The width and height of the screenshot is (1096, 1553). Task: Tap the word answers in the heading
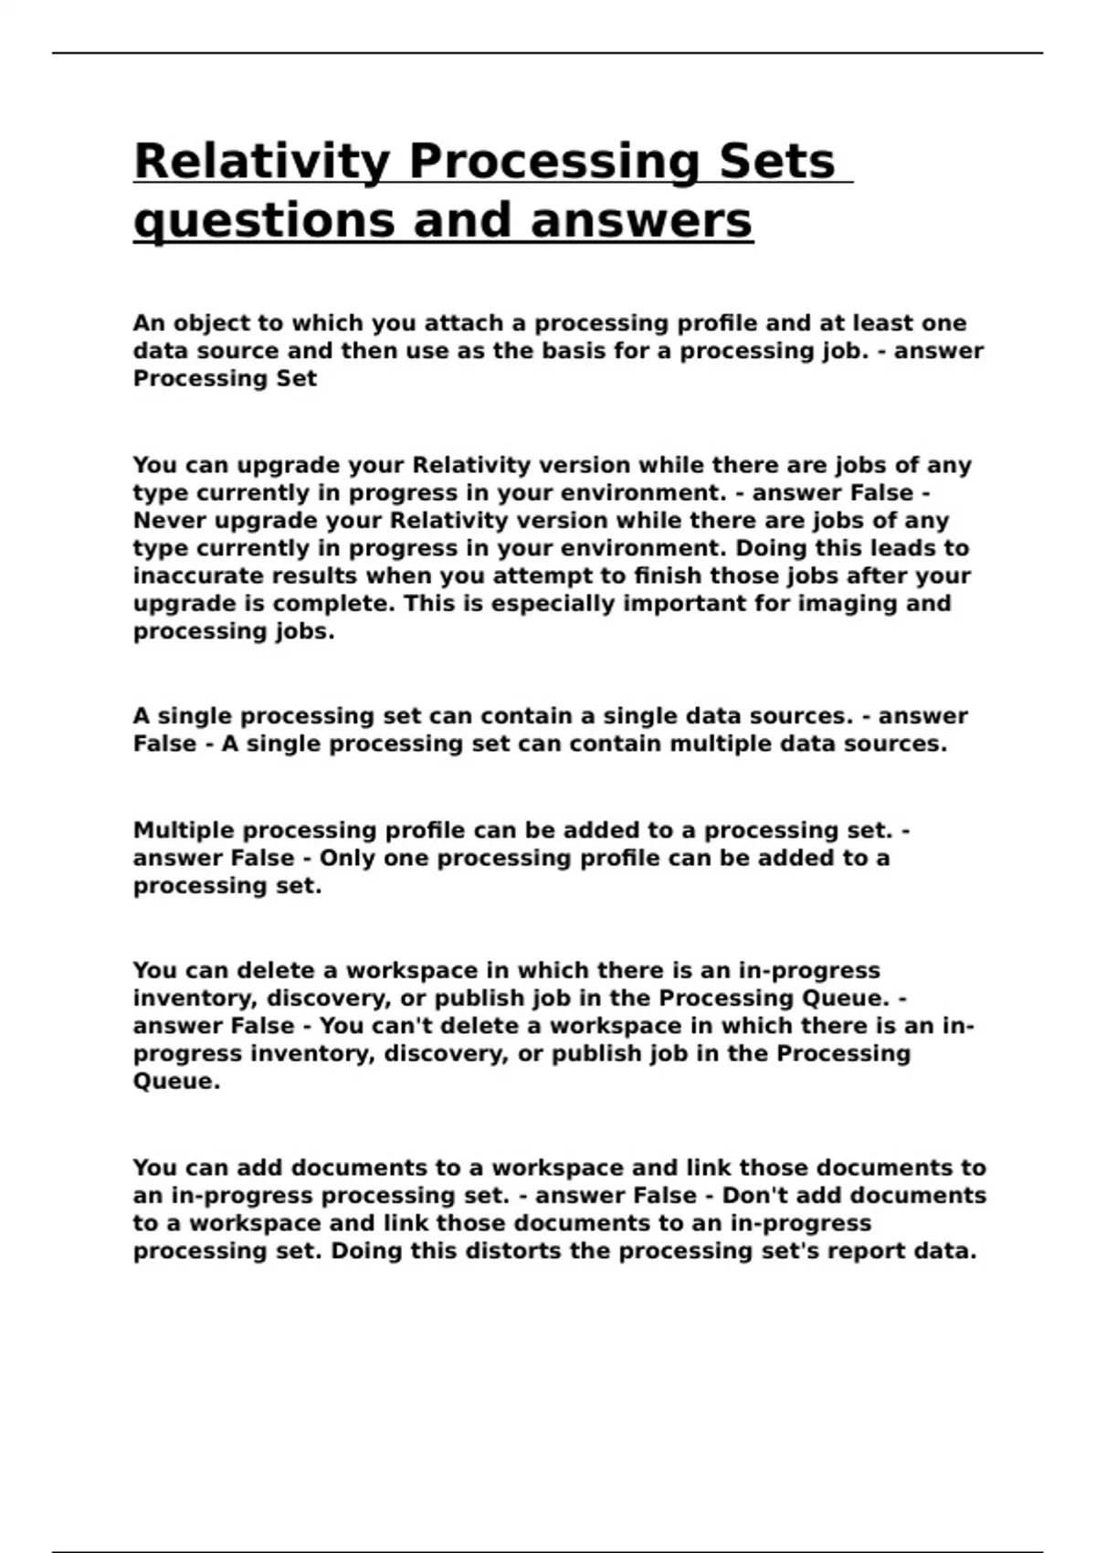pos(641,222)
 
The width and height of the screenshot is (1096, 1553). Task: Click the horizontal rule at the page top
pos(548,53)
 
